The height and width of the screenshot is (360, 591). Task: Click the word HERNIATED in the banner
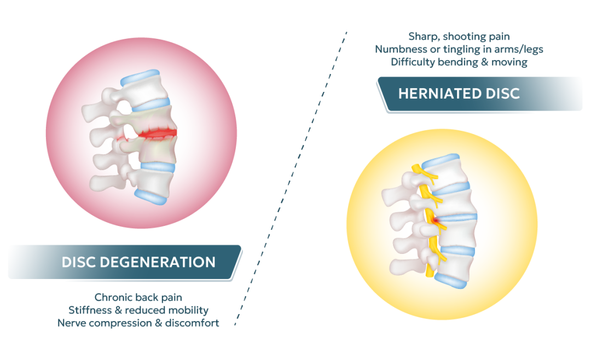[x=433, y=94]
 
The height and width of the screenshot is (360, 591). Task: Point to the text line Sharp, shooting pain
[x=459, y=37]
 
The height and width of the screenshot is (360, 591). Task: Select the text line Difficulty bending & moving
[x=459, y=62]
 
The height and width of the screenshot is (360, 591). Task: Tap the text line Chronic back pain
[x=138, y=298]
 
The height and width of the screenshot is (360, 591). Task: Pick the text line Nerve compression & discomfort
[x=138, y=323]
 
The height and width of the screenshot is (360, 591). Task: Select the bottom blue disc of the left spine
[x=150, y=194]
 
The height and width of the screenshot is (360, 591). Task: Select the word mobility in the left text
[x=188, y=310]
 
